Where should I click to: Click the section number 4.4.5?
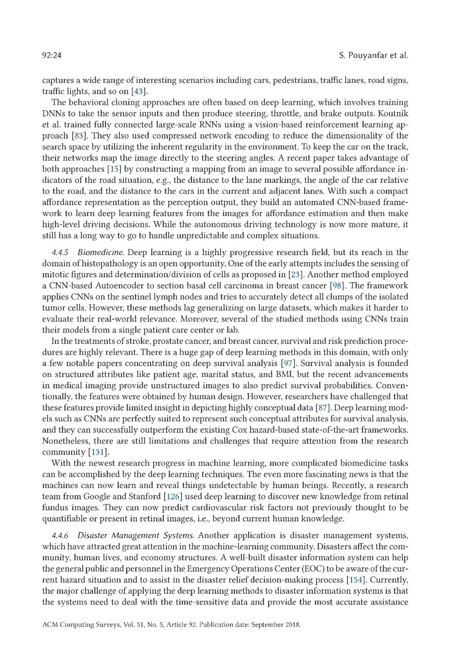click(x=60, y=253)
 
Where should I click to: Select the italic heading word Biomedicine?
click(x=101, y=253)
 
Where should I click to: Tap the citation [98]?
click(x=337, y=286)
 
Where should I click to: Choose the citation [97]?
click(x=288, y=364)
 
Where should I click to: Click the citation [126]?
click(x=173, y=496)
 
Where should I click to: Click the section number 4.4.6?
click(x=60, y=536)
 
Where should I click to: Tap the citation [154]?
click(x=356, y=580)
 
